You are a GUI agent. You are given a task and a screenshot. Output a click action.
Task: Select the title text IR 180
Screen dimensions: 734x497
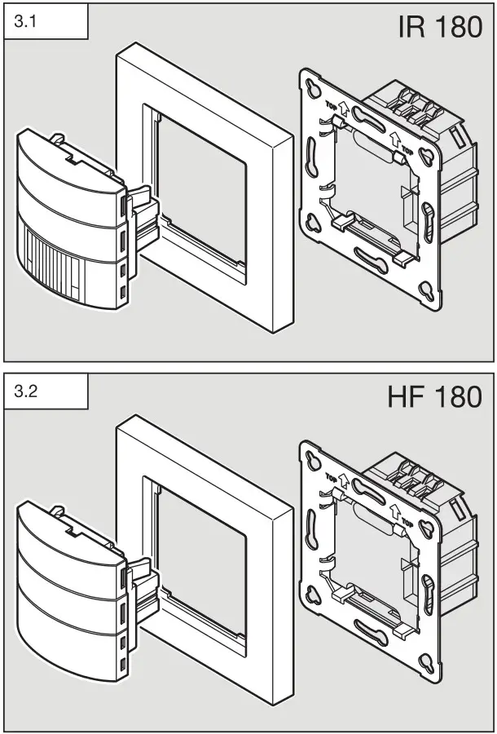(x=440, y=28)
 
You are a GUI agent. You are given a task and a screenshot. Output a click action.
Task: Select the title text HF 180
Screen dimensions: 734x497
(x=437, y=397)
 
